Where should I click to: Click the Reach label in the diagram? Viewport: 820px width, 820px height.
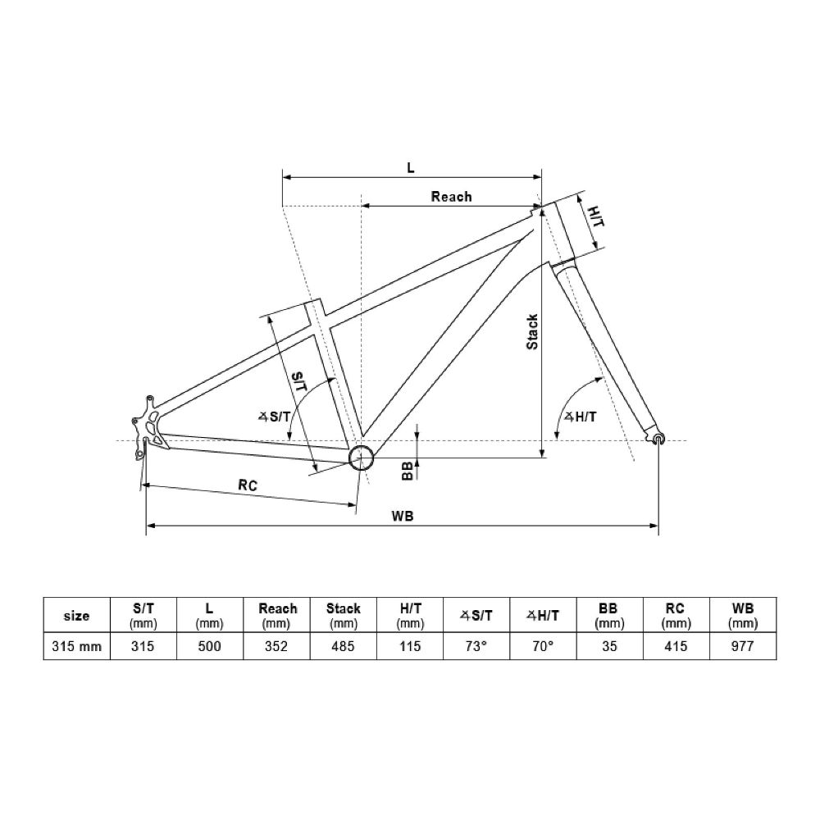451,196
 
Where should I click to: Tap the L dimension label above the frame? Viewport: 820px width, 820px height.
411,167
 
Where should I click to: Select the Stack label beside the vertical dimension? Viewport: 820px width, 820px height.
532,332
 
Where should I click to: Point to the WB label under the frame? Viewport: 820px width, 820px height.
402,516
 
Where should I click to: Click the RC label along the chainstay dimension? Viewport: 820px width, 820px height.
248,485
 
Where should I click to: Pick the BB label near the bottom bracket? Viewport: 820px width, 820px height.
407,471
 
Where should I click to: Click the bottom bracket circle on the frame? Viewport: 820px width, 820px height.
361,458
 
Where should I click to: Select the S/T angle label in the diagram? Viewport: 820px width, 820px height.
275,417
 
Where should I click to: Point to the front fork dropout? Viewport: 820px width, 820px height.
658,440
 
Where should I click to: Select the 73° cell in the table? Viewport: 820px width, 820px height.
476,646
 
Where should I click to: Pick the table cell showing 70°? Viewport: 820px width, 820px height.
543,646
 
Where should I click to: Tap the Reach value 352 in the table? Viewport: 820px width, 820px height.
277,646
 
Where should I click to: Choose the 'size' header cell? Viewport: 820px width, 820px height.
76,615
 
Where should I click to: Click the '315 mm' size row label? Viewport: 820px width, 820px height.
76,646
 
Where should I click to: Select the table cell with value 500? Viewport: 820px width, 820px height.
210,646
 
